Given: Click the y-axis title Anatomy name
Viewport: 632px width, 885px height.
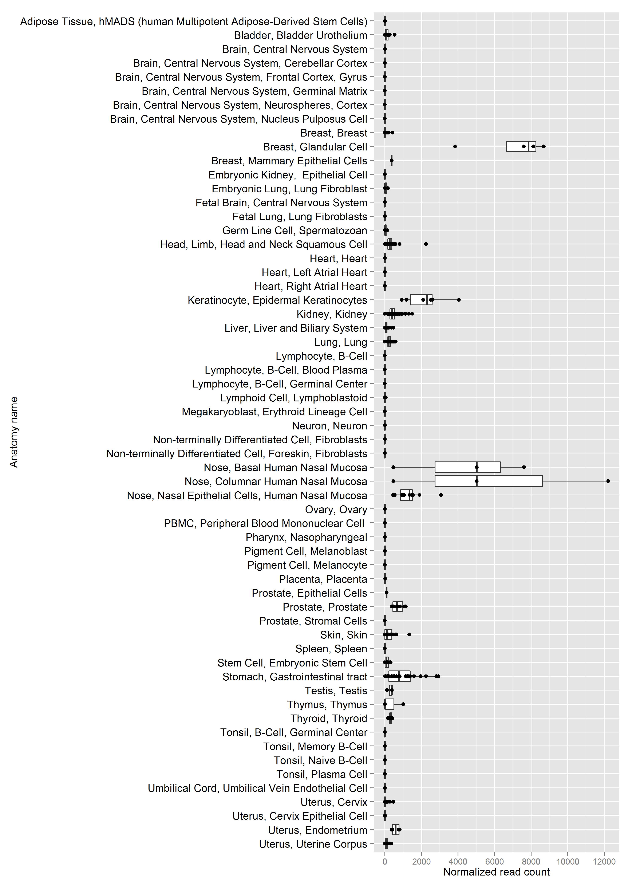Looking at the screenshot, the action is pos(14,432).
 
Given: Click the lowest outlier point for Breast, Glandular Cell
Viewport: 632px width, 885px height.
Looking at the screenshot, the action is pos(455,146).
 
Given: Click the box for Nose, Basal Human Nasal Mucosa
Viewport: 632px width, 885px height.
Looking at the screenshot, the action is pos(467,467).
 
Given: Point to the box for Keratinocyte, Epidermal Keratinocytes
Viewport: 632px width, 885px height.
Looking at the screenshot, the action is pos(421,300).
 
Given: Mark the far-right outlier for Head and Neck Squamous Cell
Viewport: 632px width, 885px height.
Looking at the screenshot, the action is pos(426,244).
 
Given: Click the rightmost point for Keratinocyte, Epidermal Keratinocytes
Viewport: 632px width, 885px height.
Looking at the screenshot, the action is pos(459,300).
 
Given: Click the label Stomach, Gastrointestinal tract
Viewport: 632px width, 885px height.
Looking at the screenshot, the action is pos(295,677).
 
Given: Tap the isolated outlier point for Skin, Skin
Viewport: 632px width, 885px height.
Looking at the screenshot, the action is pos(409,634).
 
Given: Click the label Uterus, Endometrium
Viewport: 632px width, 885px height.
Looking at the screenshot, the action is pos(317,830).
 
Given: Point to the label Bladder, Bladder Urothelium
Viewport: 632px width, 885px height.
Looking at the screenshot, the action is pos(300,35).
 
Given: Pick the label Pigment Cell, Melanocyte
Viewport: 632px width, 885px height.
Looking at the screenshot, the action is pos(307,565).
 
